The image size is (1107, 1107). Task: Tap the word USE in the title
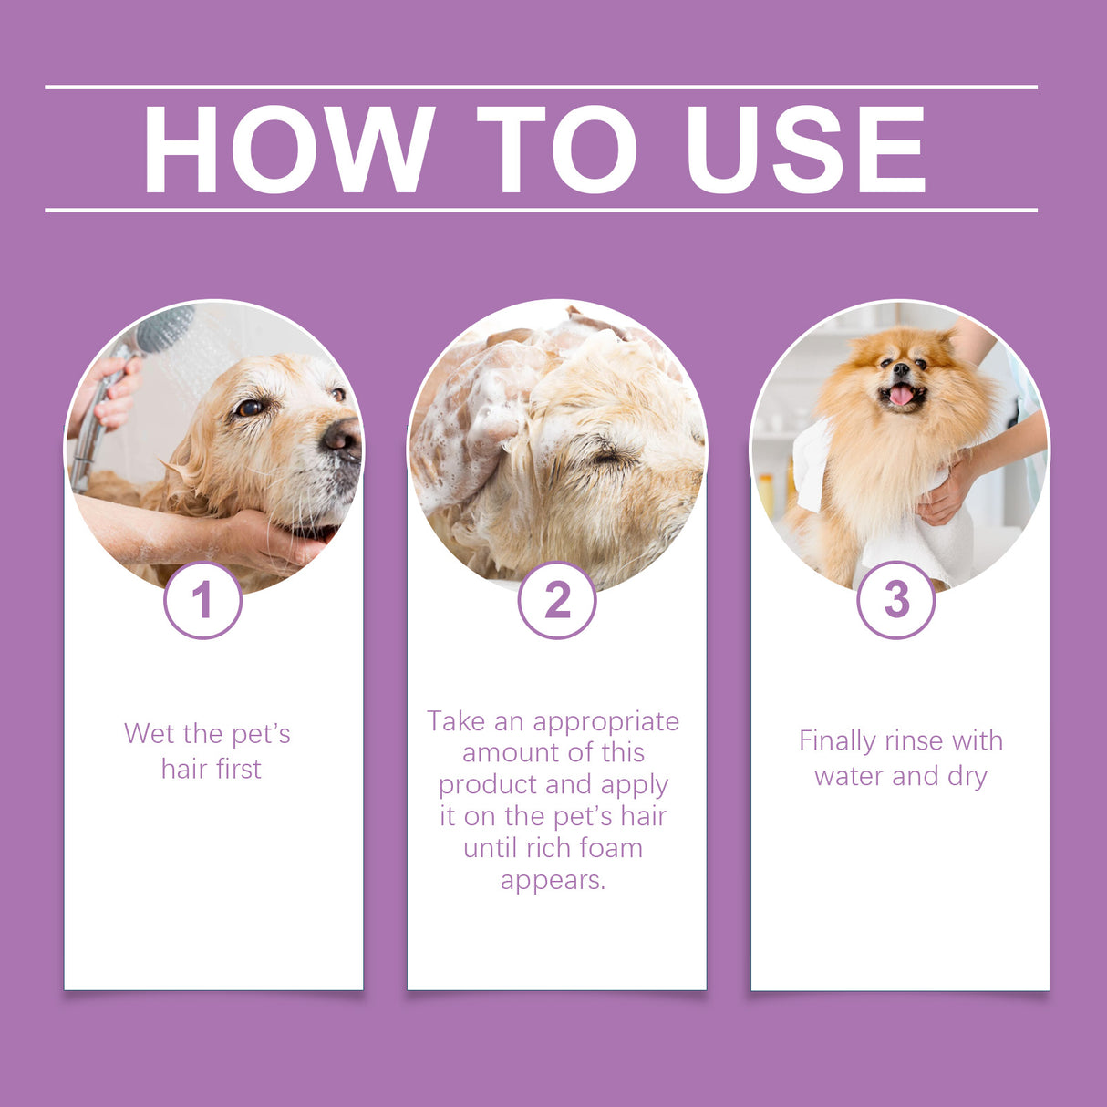806,150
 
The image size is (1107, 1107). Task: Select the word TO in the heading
556,150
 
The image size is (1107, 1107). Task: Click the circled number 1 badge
202,600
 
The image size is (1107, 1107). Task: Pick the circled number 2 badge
556,600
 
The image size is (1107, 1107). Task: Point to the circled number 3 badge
896,600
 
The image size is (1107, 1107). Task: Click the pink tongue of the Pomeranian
901,395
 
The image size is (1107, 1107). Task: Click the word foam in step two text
611,848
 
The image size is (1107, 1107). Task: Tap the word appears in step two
553,880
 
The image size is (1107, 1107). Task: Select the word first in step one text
238,770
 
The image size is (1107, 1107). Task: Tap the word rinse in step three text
917,741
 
